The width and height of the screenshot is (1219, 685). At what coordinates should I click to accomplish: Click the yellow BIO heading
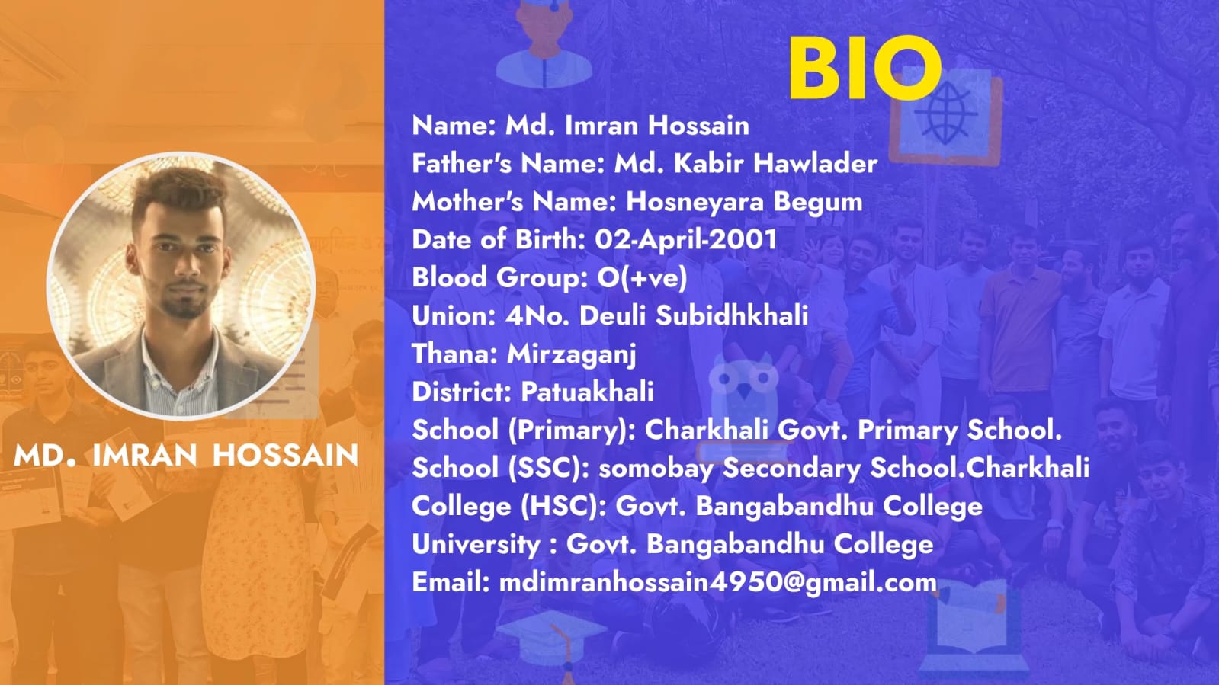(865, 68)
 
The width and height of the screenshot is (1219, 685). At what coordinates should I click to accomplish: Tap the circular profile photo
(181, 286)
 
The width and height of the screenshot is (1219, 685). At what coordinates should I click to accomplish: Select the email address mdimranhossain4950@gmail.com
(718, 583)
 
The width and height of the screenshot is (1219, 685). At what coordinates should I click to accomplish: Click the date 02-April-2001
(685, 239)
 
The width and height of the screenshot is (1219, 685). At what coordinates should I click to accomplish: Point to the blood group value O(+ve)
(642, 277)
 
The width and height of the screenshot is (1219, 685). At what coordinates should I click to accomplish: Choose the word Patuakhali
(587, 392)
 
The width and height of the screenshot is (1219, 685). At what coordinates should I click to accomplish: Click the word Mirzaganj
(572, 355)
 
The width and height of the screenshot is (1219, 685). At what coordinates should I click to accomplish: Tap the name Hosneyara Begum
(744, 203)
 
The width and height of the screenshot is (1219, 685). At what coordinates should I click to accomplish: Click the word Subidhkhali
(731, 315)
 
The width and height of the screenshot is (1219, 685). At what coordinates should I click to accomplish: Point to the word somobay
(656, 469)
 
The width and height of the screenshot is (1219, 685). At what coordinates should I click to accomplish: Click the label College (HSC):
(509, 507)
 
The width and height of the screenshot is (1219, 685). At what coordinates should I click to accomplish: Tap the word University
(476, 545)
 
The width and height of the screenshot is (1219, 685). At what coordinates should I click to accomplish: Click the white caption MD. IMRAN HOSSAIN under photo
(186, 455)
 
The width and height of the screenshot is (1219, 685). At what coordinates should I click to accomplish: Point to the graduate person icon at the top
(544, 43)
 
